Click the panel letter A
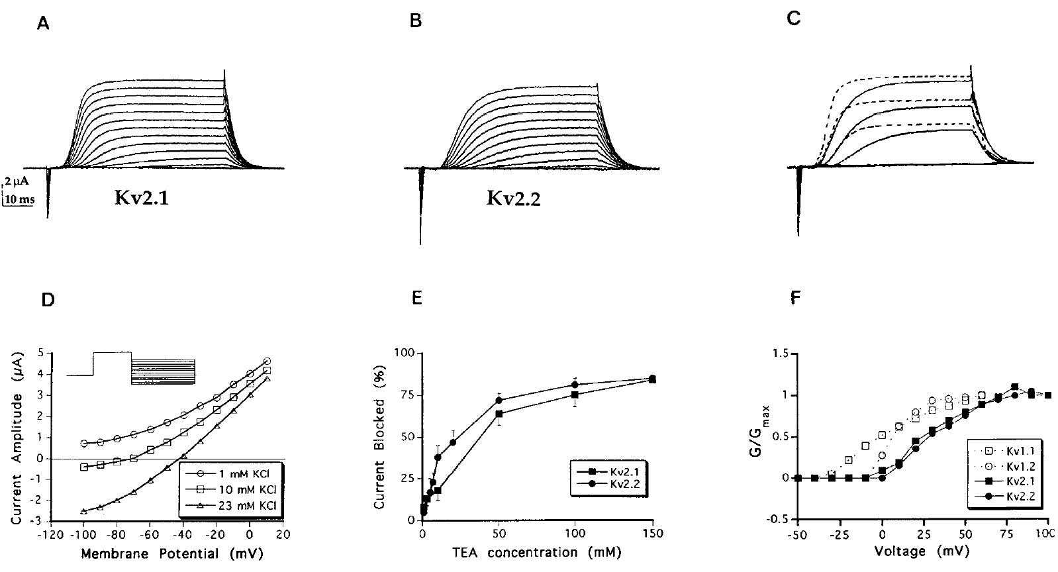43,24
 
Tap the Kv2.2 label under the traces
513,198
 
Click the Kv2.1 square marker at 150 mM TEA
652,380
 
